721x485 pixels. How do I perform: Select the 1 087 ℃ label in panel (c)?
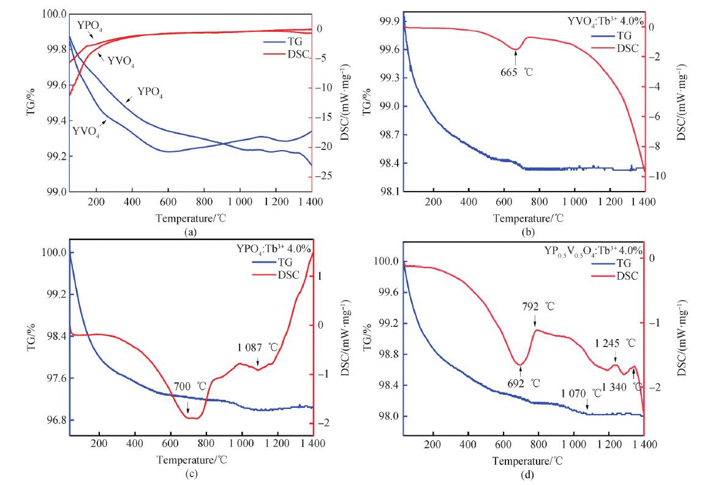tap(258, 347)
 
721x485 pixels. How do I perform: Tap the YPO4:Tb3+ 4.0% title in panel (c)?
tap(273, 249)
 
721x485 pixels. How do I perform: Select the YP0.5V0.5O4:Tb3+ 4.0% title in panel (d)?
tap(593, 250)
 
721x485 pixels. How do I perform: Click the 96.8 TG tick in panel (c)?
tap(51, 421)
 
